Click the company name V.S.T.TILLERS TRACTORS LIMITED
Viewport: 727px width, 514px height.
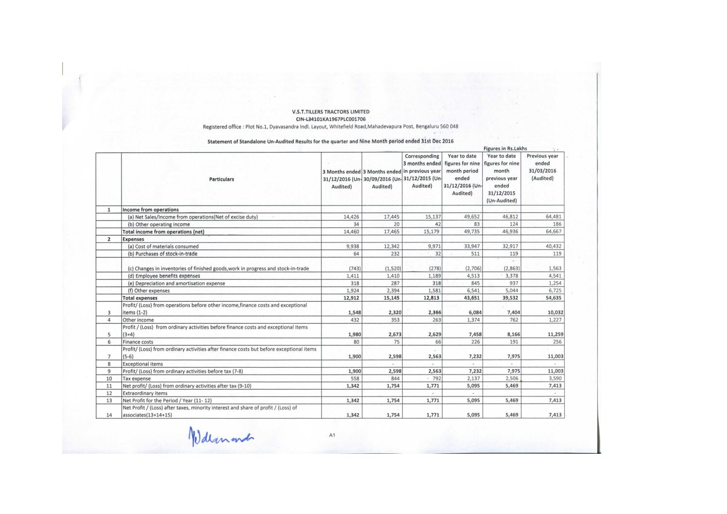[x=331, y=112]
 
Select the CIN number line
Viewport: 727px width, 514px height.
[x=331, y=119]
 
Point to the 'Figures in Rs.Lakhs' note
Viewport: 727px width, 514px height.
[x=505, y=149]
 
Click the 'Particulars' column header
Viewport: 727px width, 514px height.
[x=221, y=179]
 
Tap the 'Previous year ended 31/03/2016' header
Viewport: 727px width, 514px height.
[x=542, y=167]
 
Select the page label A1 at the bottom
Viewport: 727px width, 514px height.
[x=332, y=435]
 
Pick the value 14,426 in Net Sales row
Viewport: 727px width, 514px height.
[x=351, y=217]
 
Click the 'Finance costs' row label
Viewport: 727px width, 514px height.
[x=138, y=342]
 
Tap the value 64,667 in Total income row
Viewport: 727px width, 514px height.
[x=553, y=232]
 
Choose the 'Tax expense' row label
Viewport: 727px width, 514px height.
[x=136, y=378]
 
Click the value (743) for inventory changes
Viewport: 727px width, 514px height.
[x=354, y=269]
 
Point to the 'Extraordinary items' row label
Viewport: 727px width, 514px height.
[x=145, y=393]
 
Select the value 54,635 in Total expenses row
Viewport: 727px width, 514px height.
[x=553, y=298]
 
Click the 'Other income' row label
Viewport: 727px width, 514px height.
[x=138, y=320]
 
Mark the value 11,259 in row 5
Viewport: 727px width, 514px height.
[x=555, y=334]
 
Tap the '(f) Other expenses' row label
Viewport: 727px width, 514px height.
[x=149, y=291]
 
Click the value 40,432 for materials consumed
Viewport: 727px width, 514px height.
[x=553, y=246]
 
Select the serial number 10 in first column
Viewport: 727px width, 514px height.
[x=109, y=378]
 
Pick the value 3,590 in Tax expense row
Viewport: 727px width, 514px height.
[x=555, y=378]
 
